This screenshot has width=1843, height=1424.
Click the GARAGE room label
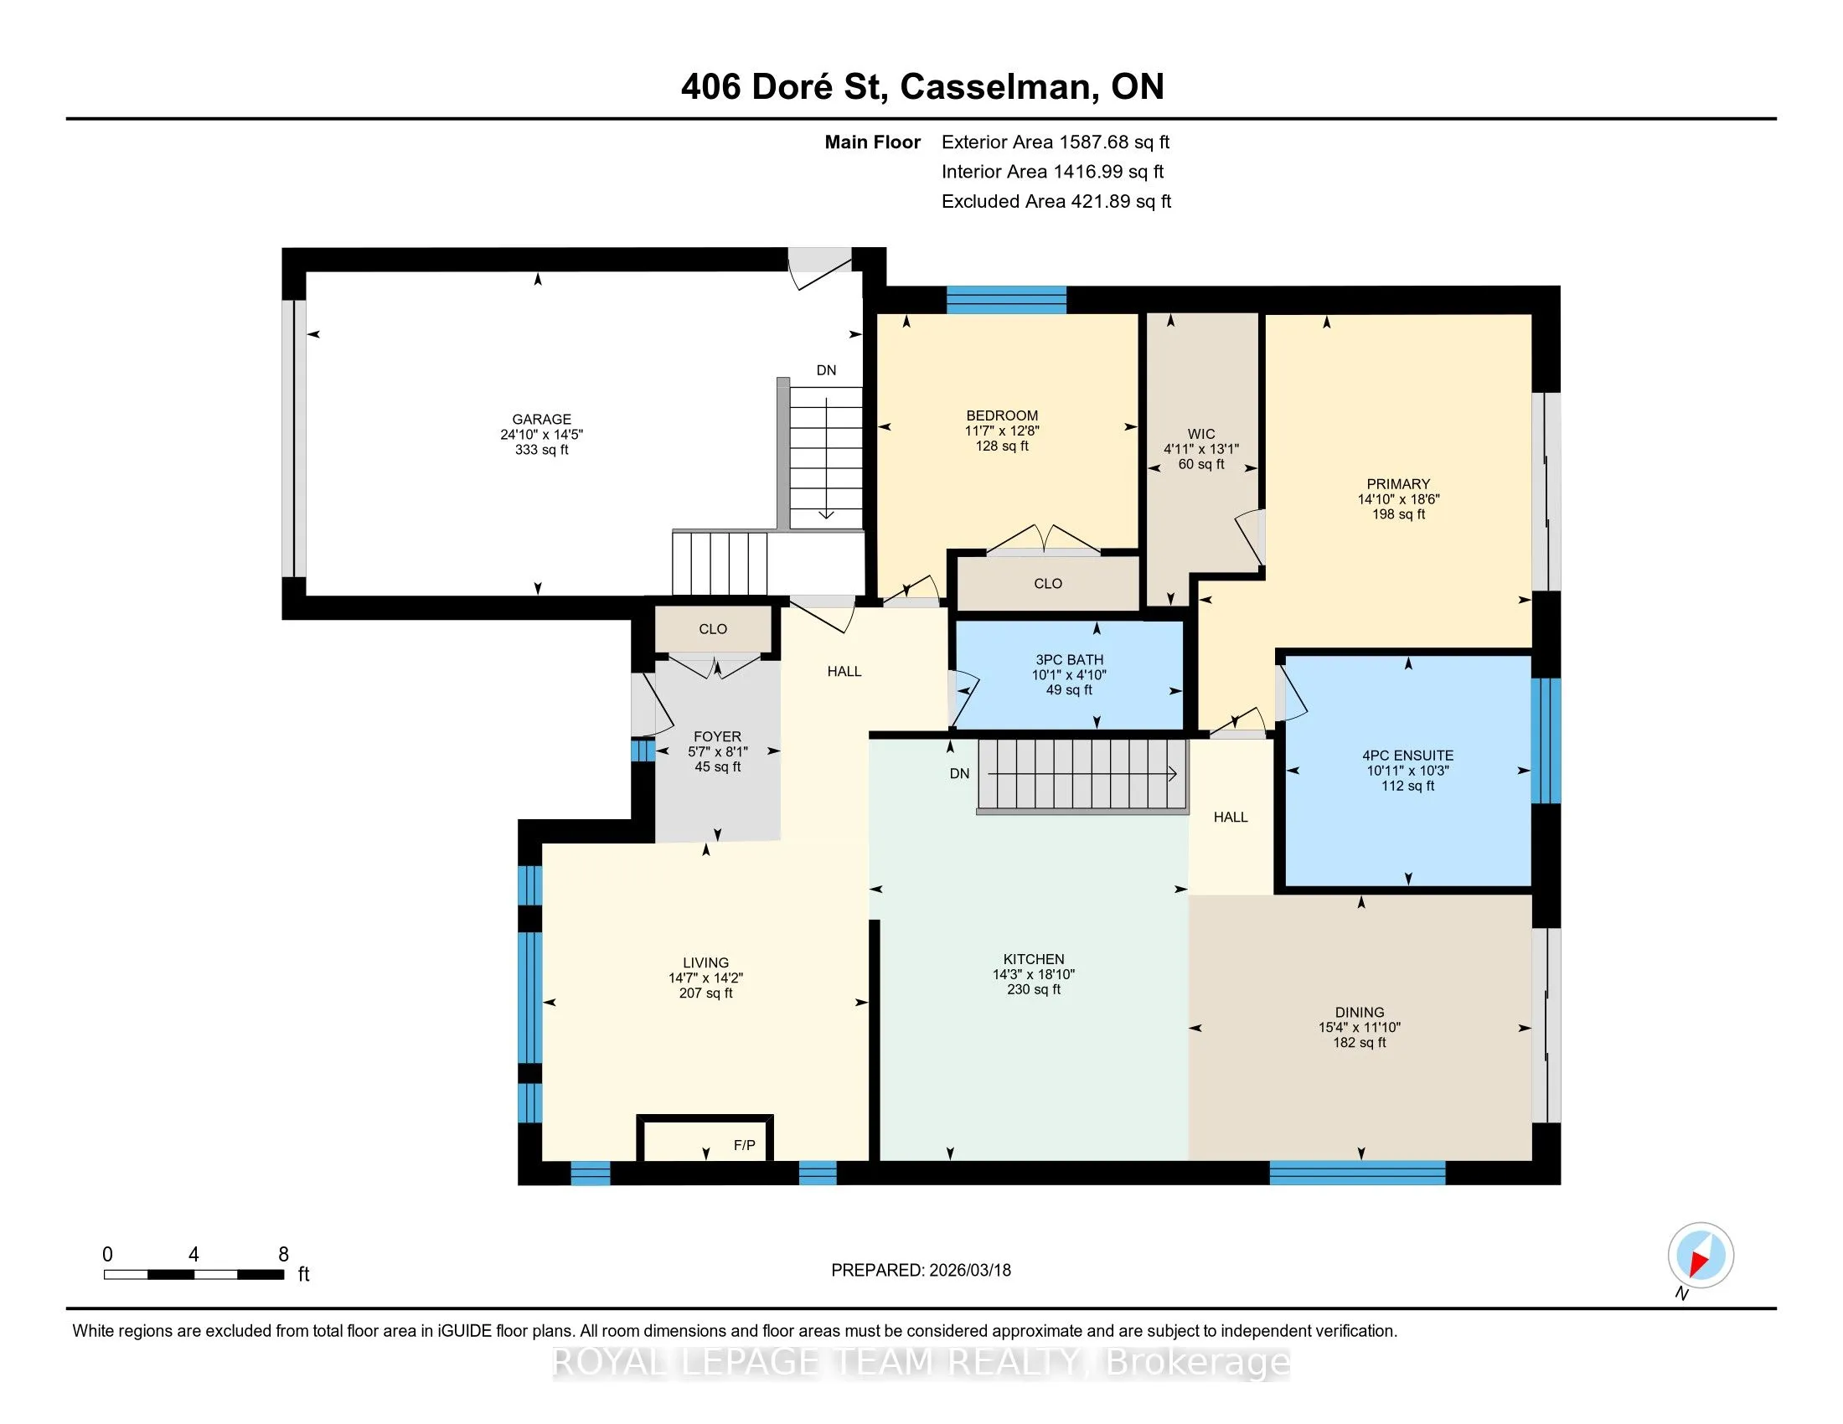(542, 420)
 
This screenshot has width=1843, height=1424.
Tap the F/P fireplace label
(744, 1145)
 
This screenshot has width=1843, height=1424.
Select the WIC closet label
(1201, 435)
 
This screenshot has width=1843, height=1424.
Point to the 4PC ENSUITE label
(1407, 756)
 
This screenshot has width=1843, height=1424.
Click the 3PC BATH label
(1069, 660)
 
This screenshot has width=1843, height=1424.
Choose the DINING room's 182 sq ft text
(1360, 1043)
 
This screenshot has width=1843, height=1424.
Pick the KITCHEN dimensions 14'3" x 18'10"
(1034, 974)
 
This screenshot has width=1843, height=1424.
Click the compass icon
(1701, 1255)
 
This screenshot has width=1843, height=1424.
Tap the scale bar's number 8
(283, 1255)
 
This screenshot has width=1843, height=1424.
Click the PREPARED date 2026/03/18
(968, 1271)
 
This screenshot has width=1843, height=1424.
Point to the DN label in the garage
(826, 370)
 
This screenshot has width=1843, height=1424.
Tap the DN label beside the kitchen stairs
(959, 774)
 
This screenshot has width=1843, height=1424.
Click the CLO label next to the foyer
(713, 629)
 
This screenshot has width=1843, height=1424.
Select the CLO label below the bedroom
(1048, 584)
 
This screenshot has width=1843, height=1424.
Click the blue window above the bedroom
(1006, 301)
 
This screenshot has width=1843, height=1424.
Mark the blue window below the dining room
(1357, 1173)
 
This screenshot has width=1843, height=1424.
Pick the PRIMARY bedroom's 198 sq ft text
(1398, 514)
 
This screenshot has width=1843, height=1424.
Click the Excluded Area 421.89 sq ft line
(1056, 202)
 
